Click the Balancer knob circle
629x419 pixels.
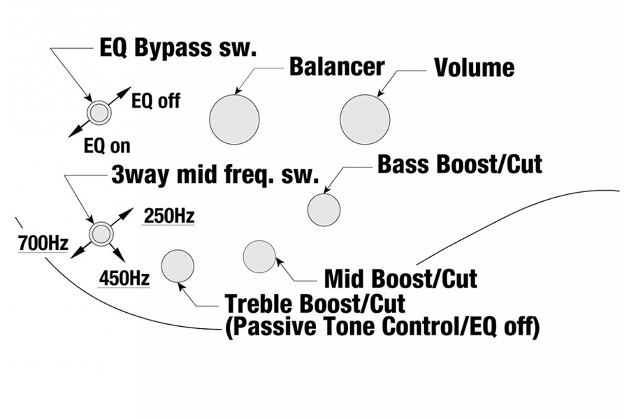point(234,119)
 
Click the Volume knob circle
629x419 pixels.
point(365,119)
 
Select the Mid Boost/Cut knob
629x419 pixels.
point(259,256)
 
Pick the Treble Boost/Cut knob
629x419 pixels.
point(178,266)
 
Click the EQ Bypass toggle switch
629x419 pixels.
point(98,112)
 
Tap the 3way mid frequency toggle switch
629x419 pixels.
point(99,233)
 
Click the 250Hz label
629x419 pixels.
point(168,216)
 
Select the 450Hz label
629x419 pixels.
point(124,278)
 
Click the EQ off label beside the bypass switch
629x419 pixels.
point(155,101)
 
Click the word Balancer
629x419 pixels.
point(336,66)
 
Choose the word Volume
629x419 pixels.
point(474,68)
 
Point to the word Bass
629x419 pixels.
point(402,165)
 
